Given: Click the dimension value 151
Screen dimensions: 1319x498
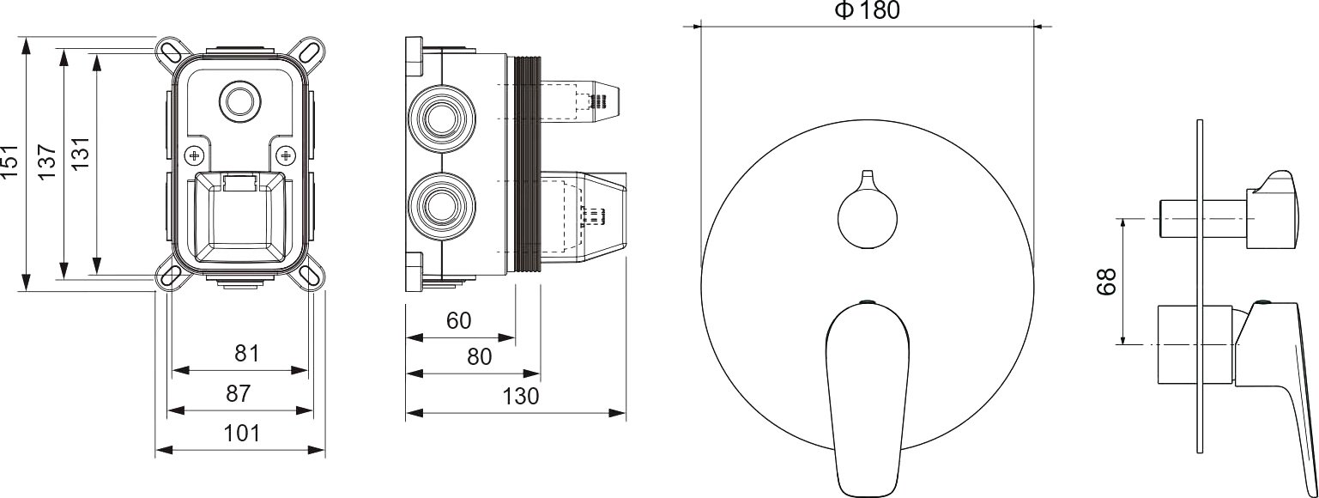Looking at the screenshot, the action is (10, 162).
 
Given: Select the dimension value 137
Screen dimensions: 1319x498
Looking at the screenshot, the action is (46, 162).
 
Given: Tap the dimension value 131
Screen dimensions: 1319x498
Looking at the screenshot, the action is (80, 155).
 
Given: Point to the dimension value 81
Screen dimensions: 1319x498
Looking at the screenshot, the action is (247, 353).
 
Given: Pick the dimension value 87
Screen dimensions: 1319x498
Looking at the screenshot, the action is (239, 393).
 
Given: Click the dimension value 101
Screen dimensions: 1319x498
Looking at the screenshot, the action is (241, 433).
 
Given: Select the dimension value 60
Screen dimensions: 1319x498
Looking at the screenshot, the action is (459, 320).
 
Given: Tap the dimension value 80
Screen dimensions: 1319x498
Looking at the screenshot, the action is (479, 356).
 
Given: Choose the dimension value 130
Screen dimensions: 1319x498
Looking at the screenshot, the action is (521, 396).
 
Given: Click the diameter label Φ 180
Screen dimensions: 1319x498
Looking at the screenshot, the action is (868, 10).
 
